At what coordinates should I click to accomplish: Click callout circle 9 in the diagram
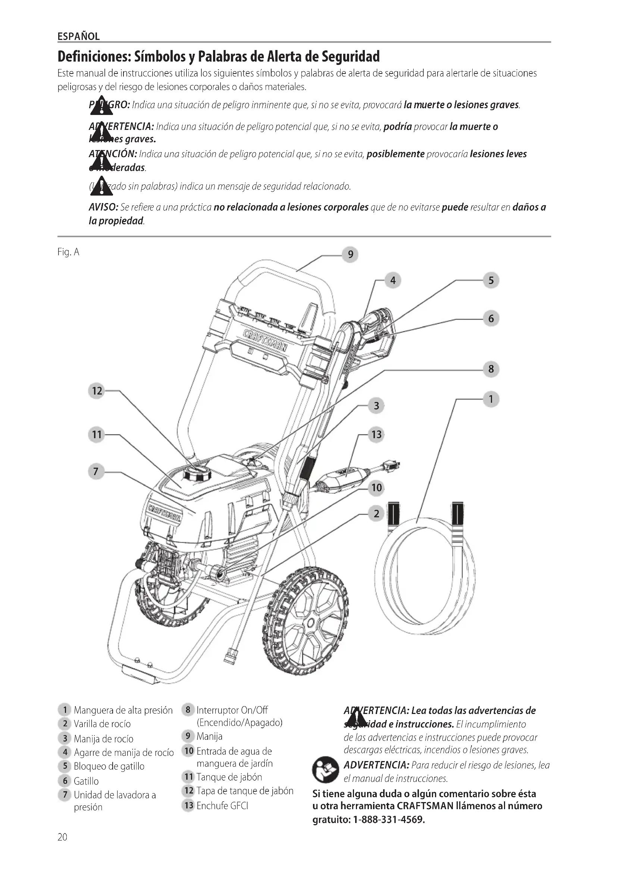click(350, 255)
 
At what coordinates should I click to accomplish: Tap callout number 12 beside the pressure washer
click(97, 391)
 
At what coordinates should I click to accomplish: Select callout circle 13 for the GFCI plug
click(376, 434)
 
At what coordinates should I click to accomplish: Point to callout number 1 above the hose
click(491, 399)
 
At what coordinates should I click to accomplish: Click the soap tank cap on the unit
click(197, 473)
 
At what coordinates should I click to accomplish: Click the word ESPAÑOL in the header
click(79, 37)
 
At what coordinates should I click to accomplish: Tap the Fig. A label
click(68, 252)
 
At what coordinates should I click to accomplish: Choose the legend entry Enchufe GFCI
click(222, 806)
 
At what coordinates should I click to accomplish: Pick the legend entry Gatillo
click(86, 781)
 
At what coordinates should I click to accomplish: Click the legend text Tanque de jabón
click(229, 777)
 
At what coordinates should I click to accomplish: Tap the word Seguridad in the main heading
click(350, 57)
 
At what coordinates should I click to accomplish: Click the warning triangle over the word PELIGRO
click(101, 105)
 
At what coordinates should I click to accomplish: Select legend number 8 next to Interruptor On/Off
click(188, 710)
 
